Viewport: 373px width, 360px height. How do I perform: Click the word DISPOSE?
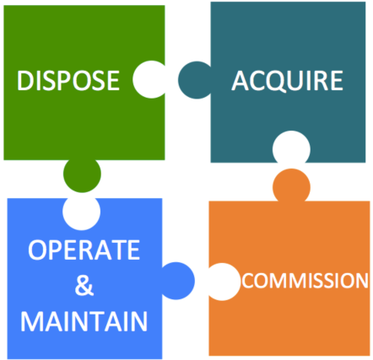point(68,80)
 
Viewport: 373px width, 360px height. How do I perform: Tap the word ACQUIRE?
point(287,81)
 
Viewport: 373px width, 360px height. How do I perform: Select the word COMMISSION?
point(305,281)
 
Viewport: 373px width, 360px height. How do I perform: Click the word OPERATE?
point(84,250)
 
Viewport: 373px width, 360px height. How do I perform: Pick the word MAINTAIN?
point(84,321)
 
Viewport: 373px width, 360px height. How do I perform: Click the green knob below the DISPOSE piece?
point(82,175)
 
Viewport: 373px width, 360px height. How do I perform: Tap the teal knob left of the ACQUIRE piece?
point(195,80)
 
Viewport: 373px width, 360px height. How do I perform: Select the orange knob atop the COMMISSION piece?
point(291,185)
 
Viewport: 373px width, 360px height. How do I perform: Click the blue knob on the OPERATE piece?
point(178,281)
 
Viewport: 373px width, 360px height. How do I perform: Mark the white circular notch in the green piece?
point(149,79)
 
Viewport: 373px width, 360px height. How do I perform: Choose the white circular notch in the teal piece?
point(291,147)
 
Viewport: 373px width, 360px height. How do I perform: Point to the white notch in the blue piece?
point(81,213)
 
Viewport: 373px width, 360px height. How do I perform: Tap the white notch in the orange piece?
point(224,282)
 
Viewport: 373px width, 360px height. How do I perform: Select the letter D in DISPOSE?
point(25,80)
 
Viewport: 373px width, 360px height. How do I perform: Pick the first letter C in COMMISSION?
point(248,281)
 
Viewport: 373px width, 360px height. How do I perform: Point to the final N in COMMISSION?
point(361,281)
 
